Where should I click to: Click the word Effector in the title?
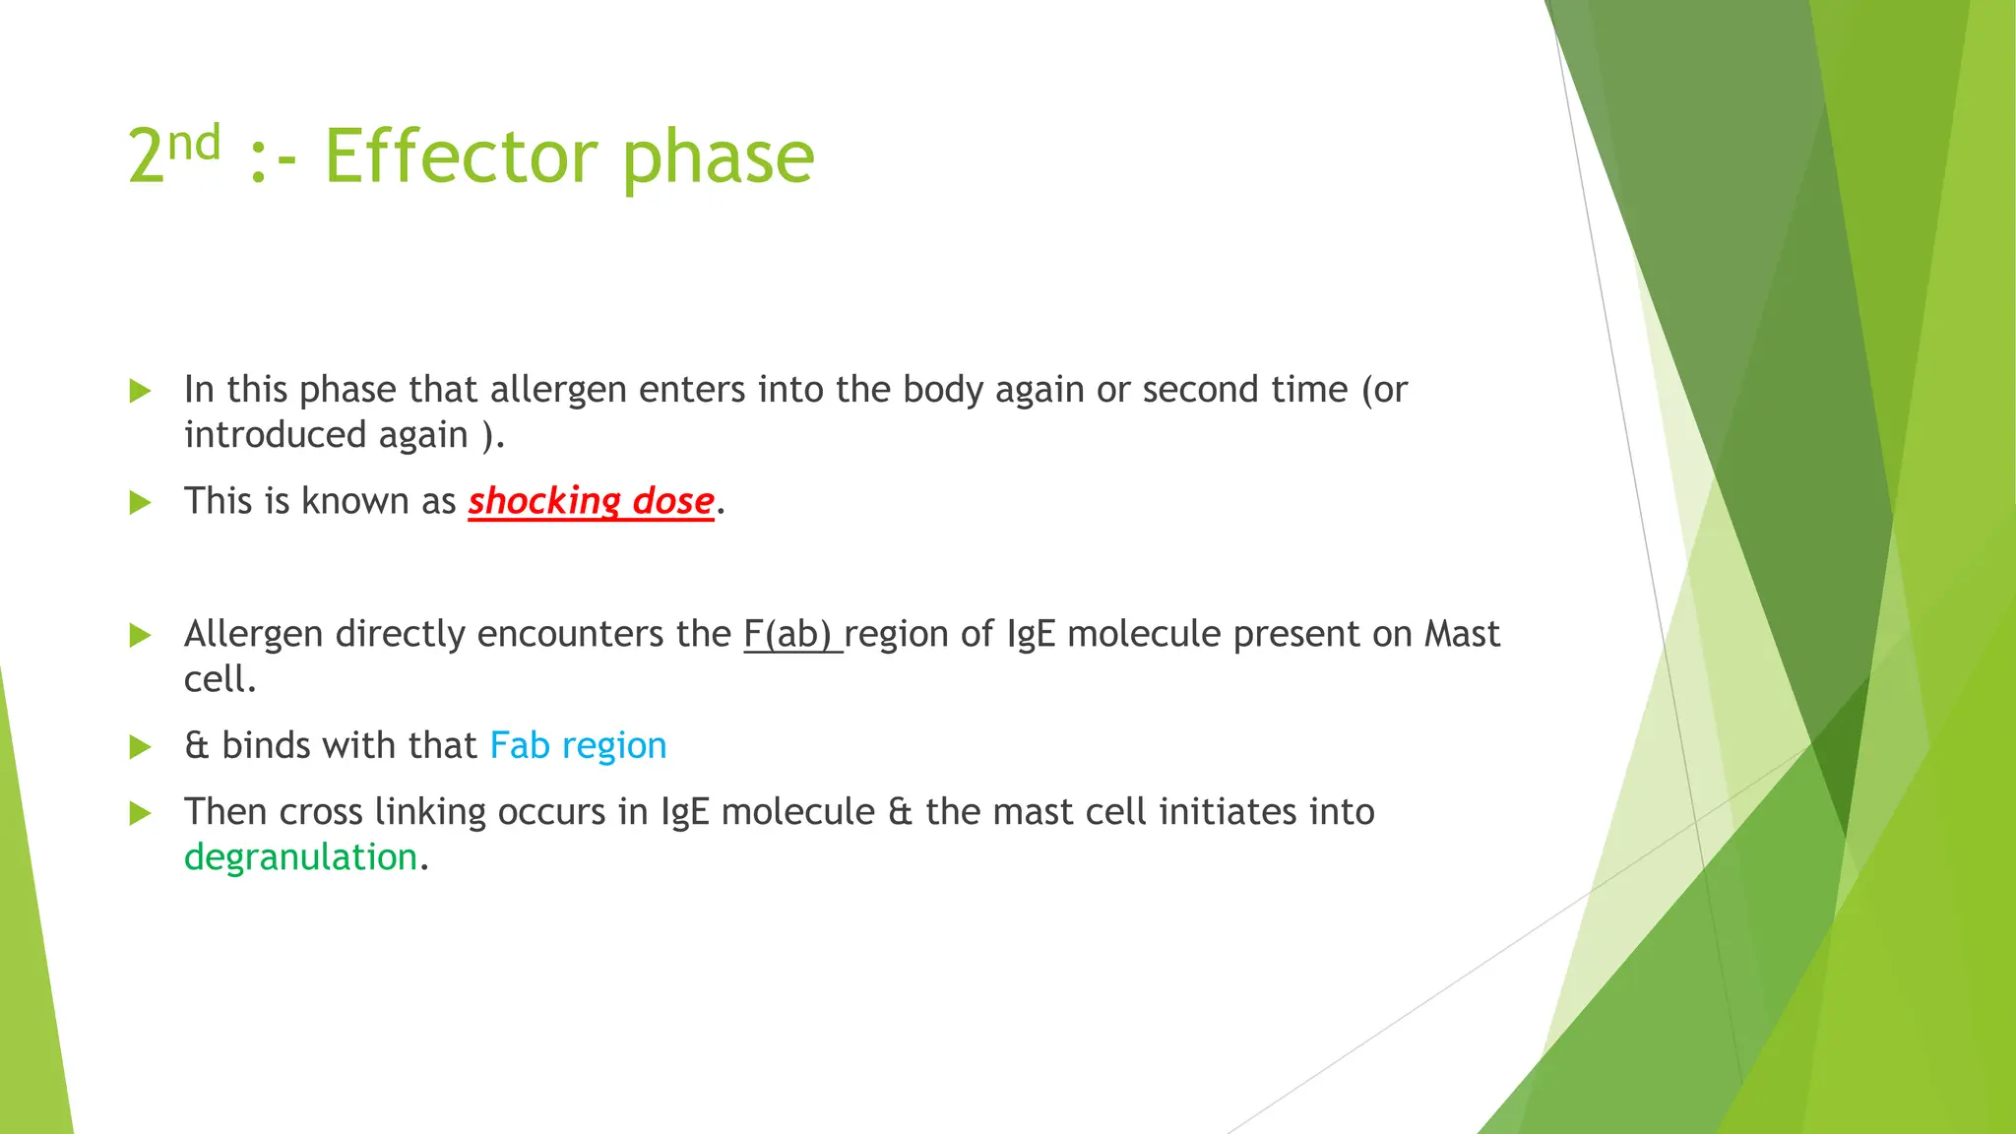click(x=460, y=157)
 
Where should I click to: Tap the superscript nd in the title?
click(x=194, y=144)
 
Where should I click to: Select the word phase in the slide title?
click(x=718, y=158)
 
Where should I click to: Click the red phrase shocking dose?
click(x=591, y=501)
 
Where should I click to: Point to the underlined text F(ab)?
click(x=791, y=634)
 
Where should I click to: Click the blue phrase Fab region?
click(x=578, y=746)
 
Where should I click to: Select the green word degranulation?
click(x=300, y=857)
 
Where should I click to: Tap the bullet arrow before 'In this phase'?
click(x=141, y=391)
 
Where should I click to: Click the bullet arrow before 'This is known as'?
click(x=141, y=503)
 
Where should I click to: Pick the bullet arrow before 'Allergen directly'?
click(x=141, y=635)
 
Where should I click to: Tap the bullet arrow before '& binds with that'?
click(x=141, y=747)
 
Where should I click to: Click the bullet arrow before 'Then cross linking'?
click(x=141, y=813)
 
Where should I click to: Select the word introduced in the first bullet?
click(x=276, y=435)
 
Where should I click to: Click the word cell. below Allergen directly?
click(x=220, y=679)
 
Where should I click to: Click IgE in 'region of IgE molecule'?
click(x=1031, y=635)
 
